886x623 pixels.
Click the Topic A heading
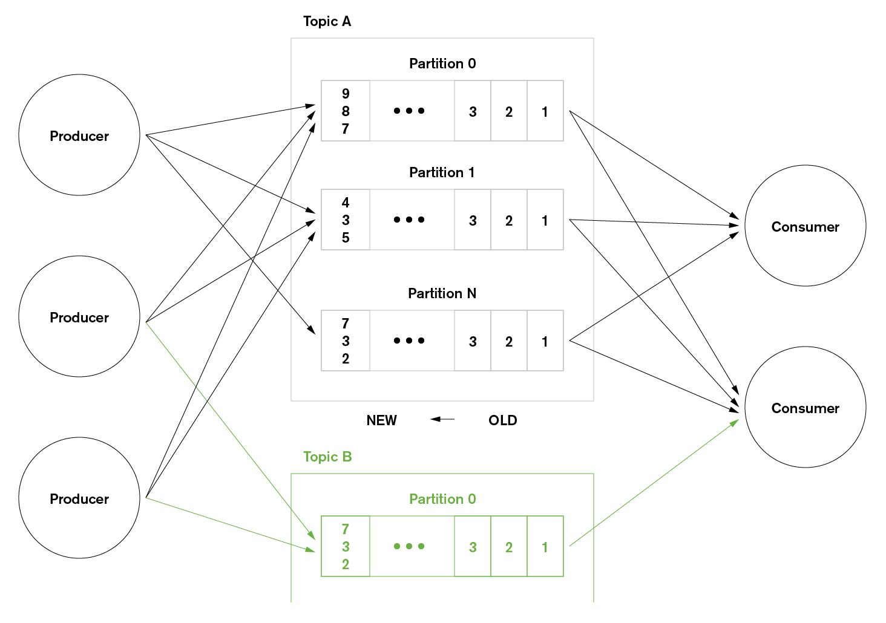pos(327,22)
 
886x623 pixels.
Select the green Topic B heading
pos(327,457)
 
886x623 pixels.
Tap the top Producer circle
pos(79,135)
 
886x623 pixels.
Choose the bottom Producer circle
pos(79,498)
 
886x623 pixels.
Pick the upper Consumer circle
pos(805,226)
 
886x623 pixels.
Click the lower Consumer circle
pos(805,407)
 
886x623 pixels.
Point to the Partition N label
pos(442,293)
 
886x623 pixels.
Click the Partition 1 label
pos(442,172)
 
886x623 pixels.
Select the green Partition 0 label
pos(442,499)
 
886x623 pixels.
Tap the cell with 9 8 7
pos(346,111)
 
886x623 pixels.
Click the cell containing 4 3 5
pos(346,220)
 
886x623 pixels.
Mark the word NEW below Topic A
pos(381,420)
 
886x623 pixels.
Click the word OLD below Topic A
pos(502,420)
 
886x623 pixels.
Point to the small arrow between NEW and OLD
pos(442,419)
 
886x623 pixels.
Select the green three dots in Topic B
pos(409,546)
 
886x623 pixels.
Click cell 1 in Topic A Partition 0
pos(545,111)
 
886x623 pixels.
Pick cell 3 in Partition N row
pos(473,341)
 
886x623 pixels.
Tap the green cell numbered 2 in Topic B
pos(509,547)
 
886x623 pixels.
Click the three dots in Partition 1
pos(409,220)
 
